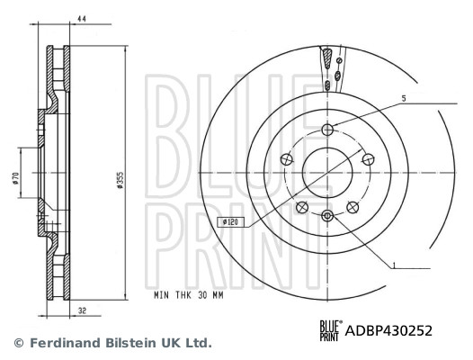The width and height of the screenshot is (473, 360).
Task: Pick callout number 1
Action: pos(393,265)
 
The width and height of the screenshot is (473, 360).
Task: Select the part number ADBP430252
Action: pos(389,330)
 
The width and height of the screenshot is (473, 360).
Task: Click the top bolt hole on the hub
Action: pos(328,129)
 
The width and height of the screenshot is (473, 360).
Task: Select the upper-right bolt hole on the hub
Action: pos(367,158)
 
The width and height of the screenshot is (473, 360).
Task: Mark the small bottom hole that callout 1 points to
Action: pos(327,214)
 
